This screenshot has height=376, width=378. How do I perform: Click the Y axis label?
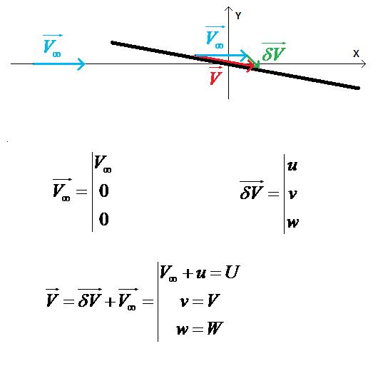[x=238, y=16]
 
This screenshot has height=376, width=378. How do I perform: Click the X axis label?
[x=356, y=54]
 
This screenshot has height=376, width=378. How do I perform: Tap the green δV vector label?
[x=274, y=52]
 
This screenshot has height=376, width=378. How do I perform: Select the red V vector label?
[x=215, y=76]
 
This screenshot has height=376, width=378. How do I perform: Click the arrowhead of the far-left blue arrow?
[x=82, y=64]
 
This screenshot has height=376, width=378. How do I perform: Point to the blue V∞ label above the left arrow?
[x=52, y=46]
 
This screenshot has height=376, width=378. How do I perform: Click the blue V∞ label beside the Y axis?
[x=215, y=37]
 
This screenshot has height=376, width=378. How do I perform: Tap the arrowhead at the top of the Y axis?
[x=228, y=9]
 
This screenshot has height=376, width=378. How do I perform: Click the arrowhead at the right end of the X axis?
[x=364, y=64]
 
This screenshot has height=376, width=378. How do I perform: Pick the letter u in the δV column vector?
[x=292, y=166]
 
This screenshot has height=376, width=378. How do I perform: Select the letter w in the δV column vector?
[x=293, y=223]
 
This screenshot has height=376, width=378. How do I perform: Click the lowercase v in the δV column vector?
[x=292, y=194]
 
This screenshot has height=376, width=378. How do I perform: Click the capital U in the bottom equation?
[x=232, y=272]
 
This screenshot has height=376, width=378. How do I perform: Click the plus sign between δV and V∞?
[x=110, y=302]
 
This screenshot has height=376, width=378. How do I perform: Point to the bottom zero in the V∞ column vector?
[x=104, y=219]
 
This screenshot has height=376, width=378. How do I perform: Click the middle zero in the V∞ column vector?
[x=104, y=190]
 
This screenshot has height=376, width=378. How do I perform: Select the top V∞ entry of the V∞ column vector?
[x=103, y=163]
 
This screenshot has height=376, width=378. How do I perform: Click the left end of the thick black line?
[x=112, y=43]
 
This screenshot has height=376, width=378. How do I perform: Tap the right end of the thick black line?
[x=359, y=88]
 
